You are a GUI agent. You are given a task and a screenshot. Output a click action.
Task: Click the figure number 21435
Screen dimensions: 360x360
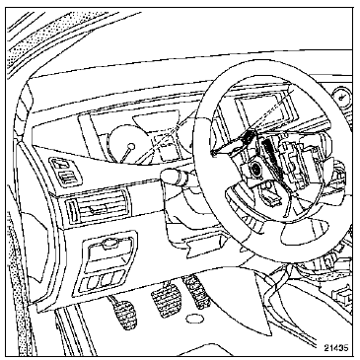335,348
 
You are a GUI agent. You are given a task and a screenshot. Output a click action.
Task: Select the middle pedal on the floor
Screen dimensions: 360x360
166,299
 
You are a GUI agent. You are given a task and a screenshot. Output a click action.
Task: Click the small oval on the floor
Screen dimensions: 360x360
195,319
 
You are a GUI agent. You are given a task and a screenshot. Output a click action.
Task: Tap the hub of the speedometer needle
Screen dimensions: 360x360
131,146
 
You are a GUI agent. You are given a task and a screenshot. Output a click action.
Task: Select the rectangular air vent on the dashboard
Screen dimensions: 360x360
97,207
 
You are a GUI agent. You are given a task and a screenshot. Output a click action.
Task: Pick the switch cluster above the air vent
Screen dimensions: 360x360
65,171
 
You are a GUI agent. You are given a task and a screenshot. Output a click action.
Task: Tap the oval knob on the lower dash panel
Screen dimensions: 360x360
110,244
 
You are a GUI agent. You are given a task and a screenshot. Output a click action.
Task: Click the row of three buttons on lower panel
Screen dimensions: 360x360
103,280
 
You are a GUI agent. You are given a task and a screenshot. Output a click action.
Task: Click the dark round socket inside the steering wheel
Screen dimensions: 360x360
254,170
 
